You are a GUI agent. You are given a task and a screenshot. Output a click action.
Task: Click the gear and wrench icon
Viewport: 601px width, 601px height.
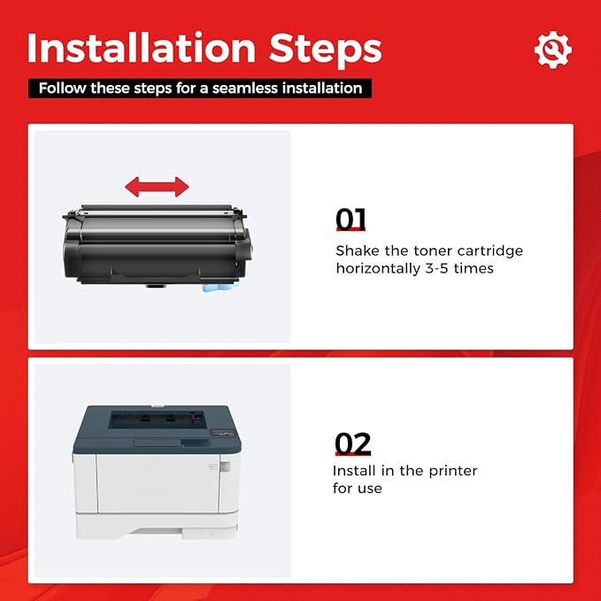click(x=553, y=50)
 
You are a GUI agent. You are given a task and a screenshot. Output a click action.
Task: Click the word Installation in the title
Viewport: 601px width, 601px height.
click(x=142, y=48)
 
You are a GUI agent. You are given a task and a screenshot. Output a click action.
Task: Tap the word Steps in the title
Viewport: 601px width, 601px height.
click(x=326, y=50)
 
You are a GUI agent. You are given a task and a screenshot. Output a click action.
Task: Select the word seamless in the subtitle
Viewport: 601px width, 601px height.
click(x=244, y=89)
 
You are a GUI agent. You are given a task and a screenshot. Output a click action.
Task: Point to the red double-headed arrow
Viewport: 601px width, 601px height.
click(x=157, y=187)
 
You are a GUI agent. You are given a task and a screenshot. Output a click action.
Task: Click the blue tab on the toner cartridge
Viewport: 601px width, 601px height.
click(x=220, y=287)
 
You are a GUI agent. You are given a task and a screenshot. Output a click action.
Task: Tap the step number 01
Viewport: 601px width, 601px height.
click(x=351, y=219)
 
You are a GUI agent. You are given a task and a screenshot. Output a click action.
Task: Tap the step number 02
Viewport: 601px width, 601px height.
click(x=352, y=443)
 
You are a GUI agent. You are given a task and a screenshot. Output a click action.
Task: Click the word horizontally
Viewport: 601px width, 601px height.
click(x=378, y=269)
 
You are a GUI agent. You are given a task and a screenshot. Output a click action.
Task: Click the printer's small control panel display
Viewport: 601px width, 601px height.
click(x=223, y=433)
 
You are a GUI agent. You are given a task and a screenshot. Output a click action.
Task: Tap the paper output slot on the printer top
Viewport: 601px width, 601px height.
click(x=157, y=419)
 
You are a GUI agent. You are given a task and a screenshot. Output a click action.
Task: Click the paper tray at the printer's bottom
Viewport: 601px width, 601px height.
click(x=157, y=525)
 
